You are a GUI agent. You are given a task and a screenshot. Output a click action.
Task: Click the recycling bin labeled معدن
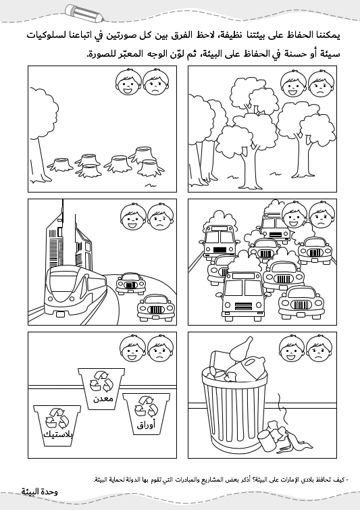tap(101, 388)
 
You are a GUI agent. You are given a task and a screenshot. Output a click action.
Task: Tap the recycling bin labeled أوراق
tap(146, 413)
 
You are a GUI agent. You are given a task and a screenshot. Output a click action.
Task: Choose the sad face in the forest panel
tap(322, 84)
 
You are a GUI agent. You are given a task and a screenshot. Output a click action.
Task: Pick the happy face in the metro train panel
tap(133, 217)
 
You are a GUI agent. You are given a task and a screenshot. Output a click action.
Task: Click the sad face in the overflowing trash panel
tap(319, 349)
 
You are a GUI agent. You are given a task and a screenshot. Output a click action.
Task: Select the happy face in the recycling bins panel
tap(132, 349)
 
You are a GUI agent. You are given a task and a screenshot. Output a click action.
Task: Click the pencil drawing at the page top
tap(84, 14)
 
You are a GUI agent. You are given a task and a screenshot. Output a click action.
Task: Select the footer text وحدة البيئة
tap(40, 492)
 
